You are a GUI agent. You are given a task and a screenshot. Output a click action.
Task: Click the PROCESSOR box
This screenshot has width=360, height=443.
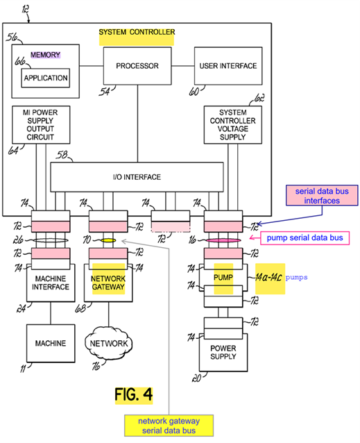tap(137, 66)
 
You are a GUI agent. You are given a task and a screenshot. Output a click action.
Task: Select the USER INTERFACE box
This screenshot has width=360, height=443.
tap(228, 66)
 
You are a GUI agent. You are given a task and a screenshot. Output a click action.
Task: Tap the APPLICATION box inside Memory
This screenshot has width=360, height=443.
tap(45, 78)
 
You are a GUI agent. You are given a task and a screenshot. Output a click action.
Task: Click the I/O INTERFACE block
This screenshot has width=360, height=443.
tap(137, 177)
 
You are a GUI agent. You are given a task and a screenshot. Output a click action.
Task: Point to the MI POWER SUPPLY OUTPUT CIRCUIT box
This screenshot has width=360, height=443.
tap(41, 125)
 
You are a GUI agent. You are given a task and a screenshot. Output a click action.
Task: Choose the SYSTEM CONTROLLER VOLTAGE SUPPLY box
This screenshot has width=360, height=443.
tap(233, 125)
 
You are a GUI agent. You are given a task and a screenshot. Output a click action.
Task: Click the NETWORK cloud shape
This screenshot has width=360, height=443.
tap(109, 343)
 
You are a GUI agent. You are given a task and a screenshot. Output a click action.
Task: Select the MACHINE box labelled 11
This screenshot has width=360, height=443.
tap(51, 343)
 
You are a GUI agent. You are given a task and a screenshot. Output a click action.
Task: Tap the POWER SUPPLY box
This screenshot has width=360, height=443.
tap(223, 352)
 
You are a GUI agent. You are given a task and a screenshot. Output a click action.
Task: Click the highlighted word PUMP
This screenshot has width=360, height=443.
tap(223, 278)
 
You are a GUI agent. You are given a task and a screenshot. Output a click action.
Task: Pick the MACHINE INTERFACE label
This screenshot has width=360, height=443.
tap(51, 283)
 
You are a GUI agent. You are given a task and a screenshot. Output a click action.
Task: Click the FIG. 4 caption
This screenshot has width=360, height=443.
tap(134, 394)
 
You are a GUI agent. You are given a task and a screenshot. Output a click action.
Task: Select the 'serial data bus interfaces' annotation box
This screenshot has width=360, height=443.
tap(322, 196)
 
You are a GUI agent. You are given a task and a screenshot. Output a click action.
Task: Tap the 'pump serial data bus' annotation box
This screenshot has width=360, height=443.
tap(305, 238)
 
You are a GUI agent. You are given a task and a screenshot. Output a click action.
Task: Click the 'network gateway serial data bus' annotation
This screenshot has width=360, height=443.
tap(169, 426)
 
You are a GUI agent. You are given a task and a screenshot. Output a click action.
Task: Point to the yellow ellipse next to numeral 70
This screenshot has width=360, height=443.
tap(108, 240)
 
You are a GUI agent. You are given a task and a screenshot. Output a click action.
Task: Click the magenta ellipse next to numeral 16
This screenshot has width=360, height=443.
tap(223, 240)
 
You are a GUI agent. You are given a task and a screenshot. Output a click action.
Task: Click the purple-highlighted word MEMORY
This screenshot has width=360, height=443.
tap(45, 55)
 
